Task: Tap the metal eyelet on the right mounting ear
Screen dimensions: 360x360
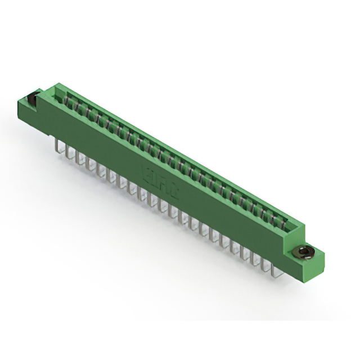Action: [305, 251]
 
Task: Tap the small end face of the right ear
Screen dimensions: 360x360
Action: [319, 260]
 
